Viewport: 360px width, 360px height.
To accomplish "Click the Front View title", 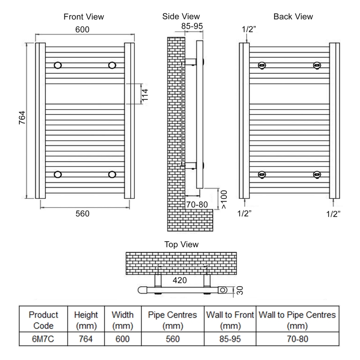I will coord(84,17).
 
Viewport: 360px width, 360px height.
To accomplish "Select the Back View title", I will coord(293,17).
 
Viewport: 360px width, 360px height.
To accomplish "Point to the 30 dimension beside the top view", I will coord(240,291).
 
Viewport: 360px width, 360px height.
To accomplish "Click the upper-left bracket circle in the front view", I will coord(58,65).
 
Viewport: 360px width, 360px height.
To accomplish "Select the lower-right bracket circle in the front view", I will coord(112,174).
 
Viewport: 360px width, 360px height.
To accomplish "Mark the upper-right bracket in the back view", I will coord(317,65).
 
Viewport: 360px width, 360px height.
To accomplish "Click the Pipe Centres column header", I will coord(173,320).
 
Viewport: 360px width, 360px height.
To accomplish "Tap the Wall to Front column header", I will coord(230,320).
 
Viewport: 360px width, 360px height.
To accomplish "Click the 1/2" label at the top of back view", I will coord(248,29).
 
